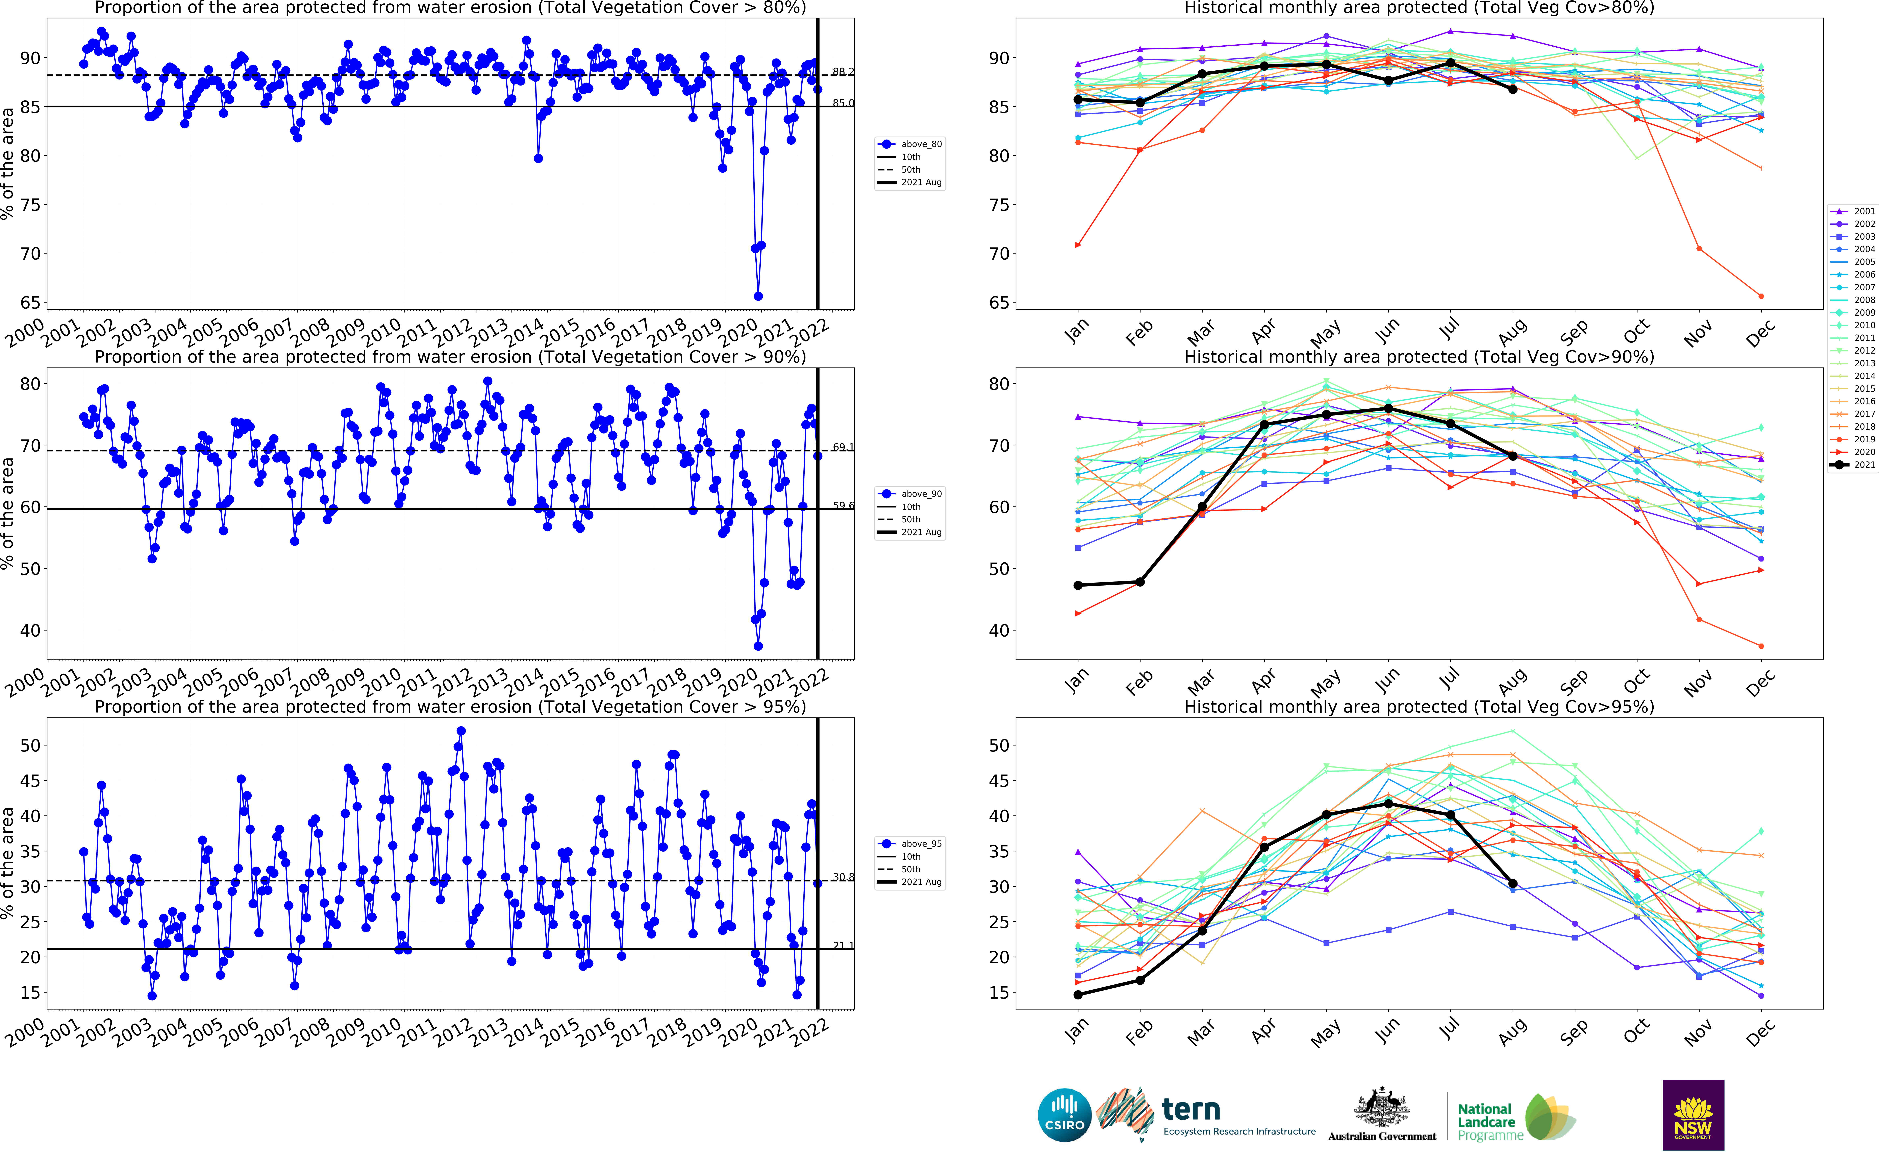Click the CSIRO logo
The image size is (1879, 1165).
point(1064,1115)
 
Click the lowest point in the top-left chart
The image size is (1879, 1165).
point(758,296)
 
